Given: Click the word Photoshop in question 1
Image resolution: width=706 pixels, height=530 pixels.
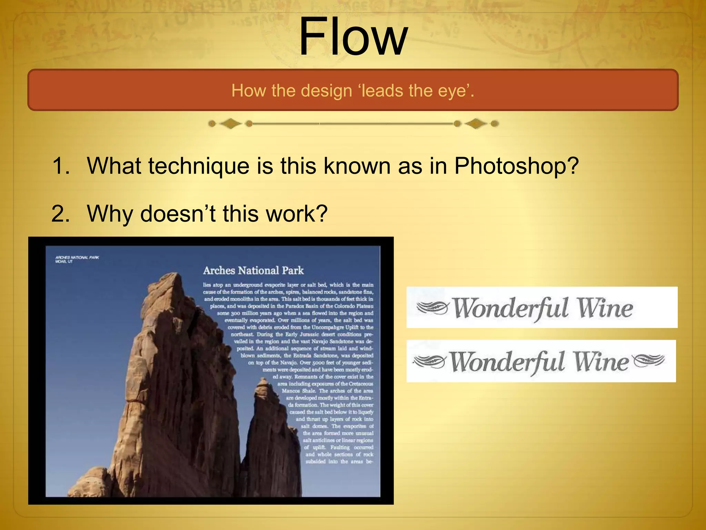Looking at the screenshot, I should tap(516, 166).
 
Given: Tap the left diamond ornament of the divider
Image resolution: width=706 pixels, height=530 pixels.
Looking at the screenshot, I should tap(230, 124).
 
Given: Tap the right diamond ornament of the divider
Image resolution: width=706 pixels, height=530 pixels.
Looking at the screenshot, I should tap(476, 124).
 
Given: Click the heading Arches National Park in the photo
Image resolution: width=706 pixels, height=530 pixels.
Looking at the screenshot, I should tap(253, 270).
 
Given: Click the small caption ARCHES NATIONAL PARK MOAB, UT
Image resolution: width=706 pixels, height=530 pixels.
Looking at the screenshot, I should tap(77, 259).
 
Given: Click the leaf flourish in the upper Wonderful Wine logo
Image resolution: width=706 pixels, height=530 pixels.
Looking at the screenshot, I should tap(433, 307).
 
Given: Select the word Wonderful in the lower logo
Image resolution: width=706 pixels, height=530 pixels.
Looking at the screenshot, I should tap(507, 362).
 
